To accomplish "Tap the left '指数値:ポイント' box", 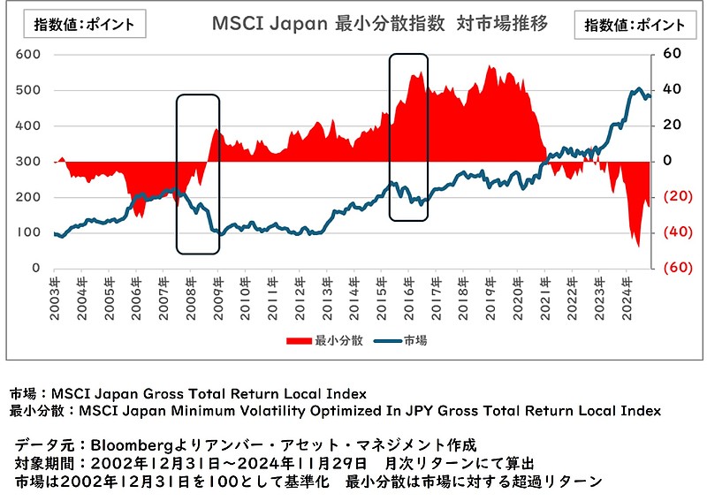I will pyautogui.click(x=85, y=24).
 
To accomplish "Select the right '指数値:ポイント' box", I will pyautogui.click(x=635, y=25).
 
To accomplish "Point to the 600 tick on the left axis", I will pyautogui.click(x=29, y=55).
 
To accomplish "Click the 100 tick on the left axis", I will pyautogui.click(x=29, y=232).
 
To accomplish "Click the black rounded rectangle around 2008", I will pyautogui.click(x=197, y=174).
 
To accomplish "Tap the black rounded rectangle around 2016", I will pyautogui.click(x=408, y=137).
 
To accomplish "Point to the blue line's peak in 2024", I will pyautogui.click(x=637, y=89).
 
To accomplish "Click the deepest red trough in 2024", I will pyautogui.click(x=638, y=247).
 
